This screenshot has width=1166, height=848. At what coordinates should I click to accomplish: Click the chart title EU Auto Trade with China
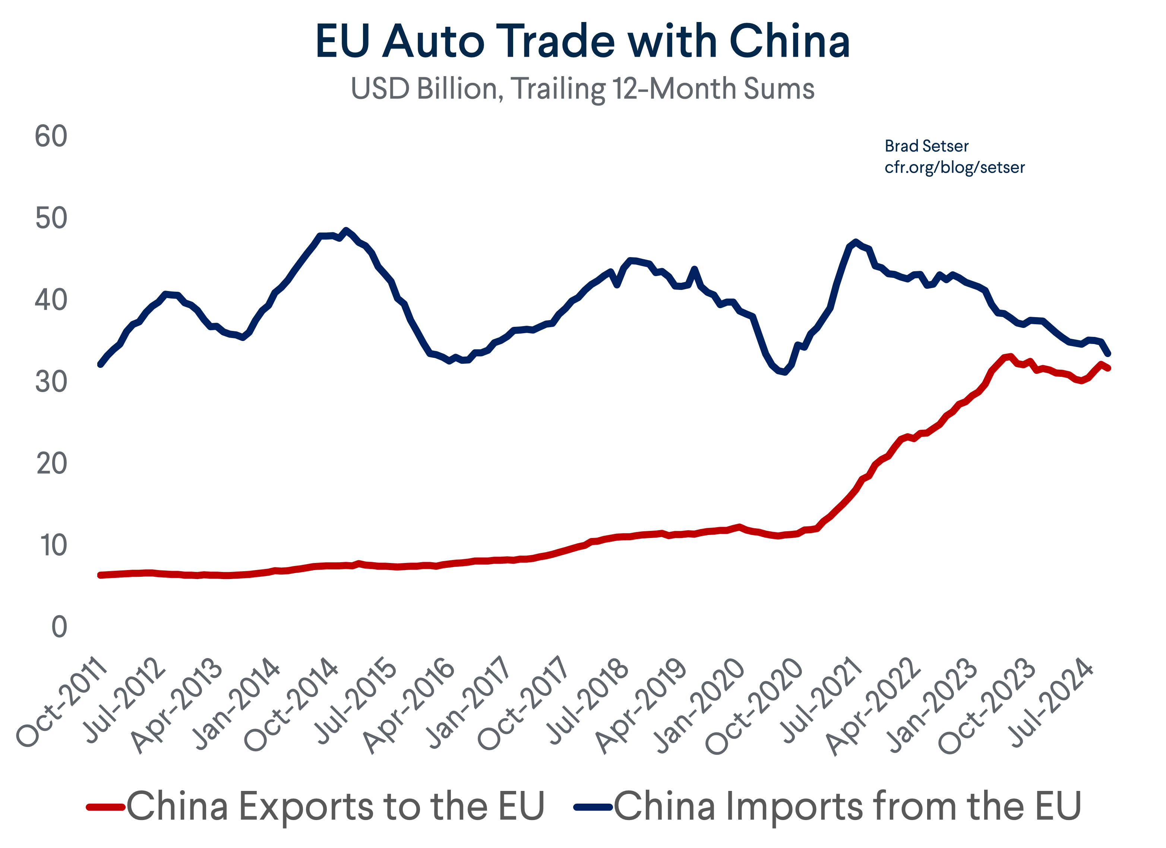582,41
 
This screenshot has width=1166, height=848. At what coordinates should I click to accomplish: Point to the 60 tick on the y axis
51,137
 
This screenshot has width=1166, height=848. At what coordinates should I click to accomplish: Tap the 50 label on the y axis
51,219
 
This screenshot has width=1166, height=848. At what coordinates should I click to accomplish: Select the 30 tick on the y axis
51,382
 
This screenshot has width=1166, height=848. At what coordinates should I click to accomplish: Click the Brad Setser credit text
926,146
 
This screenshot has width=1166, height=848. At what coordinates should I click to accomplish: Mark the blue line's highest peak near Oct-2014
346,230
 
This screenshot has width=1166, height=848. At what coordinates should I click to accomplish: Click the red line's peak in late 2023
1011,356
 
